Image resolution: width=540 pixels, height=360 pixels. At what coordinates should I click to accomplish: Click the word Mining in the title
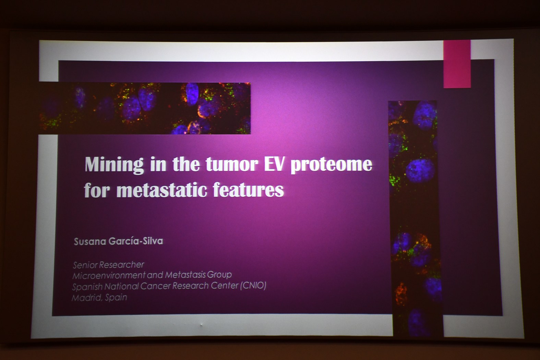click(x=114, y=165)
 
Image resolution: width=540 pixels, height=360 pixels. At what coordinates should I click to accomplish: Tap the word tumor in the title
click(x=232, y=165)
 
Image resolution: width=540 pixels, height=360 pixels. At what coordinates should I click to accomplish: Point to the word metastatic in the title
click(x=162, y=190)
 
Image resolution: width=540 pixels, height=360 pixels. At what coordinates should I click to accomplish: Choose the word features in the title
click(x=248, y=190)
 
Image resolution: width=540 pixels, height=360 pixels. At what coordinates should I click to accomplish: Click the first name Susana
click(x=90, y=242)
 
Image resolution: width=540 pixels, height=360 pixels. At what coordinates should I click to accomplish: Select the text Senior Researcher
click(x=108, y=265)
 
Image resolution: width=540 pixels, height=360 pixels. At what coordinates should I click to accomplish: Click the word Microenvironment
click(x=109, y=275)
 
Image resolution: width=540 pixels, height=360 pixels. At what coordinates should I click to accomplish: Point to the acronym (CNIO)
click(x=253, y=286)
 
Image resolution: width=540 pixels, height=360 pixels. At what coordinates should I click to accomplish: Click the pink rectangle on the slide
click(x=457, y=64)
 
